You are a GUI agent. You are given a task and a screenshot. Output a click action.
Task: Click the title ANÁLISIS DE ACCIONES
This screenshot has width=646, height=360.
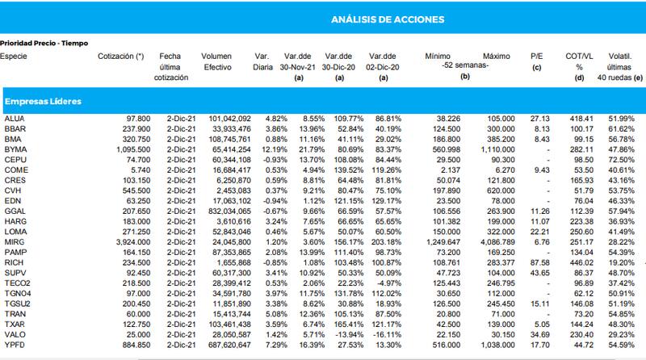388,19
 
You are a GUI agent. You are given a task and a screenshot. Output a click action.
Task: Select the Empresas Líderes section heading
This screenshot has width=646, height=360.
43,102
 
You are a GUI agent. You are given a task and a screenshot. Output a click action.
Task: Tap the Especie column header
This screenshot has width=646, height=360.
14,57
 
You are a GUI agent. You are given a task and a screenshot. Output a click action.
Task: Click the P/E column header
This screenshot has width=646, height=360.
536,57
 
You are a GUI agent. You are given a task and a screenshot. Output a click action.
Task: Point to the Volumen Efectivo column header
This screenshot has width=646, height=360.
216,62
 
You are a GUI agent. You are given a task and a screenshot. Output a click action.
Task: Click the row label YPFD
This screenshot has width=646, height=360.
15,345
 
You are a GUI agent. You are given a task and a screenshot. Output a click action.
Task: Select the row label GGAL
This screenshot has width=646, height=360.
15,211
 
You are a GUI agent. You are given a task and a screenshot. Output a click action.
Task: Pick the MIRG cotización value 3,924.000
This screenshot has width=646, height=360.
133,242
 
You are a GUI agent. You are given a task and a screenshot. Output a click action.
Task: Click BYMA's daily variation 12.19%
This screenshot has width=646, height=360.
275,149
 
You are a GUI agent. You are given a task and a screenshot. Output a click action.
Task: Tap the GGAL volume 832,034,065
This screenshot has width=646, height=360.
229,211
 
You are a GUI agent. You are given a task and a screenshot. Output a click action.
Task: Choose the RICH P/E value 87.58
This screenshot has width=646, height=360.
539,262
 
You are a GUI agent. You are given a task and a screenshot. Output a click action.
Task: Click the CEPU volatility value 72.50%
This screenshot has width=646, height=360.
621,159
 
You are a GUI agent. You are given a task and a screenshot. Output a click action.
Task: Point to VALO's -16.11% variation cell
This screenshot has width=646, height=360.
387,334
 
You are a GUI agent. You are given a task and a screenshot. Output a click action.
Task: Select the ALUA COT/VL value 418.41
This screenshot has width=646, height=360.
581,118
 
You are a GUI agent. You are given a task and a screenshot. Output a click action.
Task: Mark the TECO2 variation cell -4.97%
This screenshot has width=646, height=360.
388,283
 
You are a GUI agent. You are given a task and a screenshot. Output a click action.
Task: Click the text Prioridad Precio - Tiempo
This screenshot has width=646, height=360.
44,44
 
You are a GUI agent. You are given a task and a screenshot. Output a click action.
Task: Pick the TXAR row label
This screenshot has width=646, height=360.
15,324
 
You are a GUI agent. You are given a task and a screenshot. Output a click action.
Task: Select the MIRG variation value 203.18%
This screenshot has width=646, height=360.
386,242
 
